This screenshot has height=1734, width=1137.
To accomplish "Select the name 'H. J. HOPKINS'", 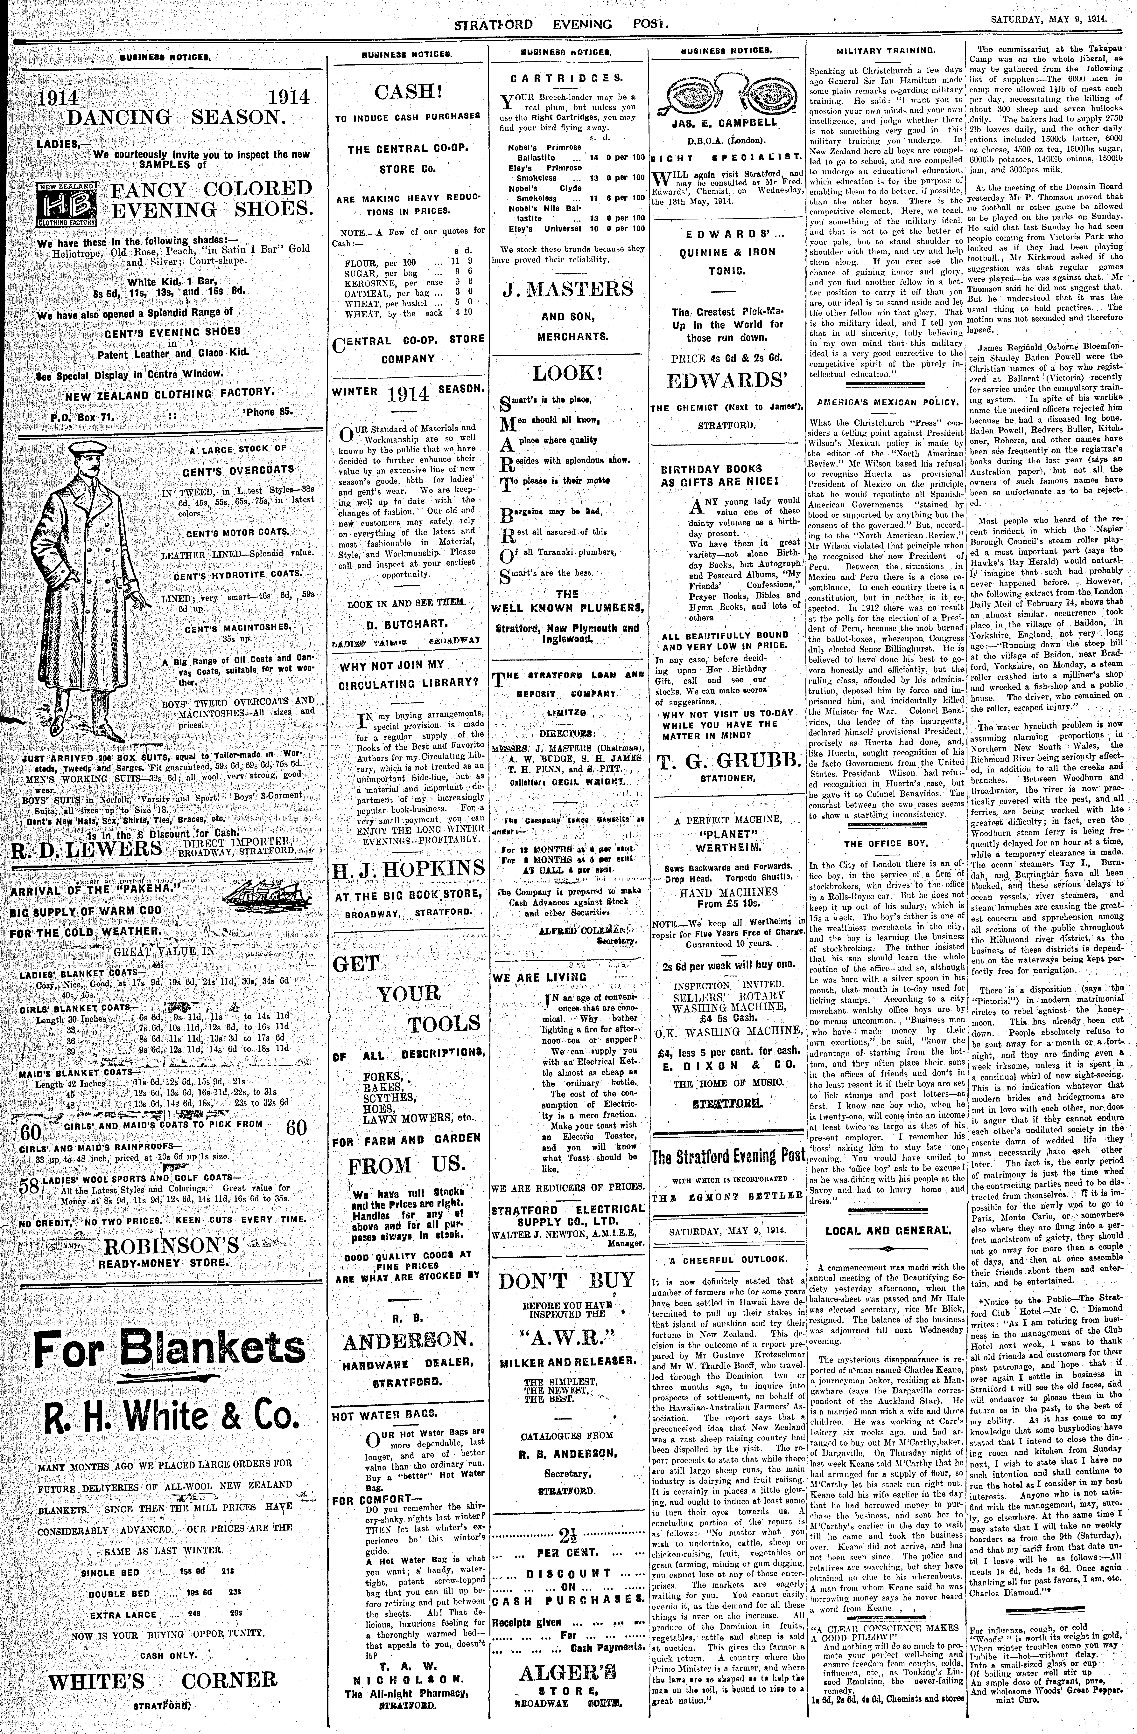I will point(408,869).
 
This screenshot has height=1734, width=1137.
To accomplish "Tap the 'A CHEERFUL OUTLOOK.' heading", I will point(728,1259).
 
